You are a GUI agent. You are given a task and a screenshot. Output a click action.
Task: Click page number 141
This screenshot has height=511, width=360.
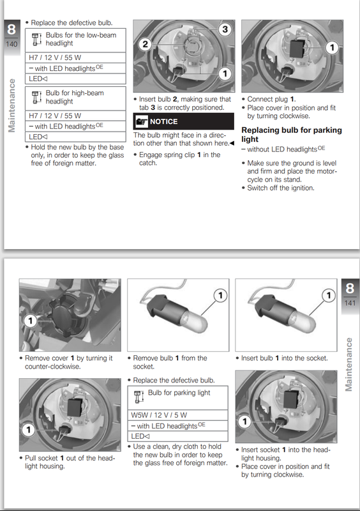click(349, 303)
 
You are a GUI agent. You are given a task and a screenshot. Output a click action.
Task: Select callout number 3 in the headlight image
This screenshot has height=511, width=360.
click(224, 29)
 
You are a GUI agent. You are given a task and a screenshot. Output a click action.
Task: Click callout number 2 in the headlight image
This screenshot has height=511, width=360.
click(145, 44)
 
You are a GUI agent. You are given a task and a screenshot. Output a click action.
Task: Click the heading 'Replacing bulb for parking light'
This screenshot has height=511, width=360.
click(291, 134)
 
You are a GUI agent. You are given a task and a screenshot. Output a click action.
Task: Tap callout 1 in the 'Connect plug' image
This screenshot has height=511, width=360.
click(331, 47)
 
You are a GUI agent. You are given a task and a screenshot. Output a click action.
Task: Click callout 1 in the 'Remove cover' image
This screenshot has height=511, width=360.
click(29, 319)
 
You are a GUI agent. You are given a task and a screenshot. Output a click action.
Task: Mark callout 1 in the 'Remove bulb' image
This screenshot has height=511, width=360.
click(219, 295)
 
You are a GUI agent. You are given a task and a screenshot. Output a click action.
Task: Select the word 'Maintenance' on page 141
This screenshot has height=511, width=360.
click(349, 364)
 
